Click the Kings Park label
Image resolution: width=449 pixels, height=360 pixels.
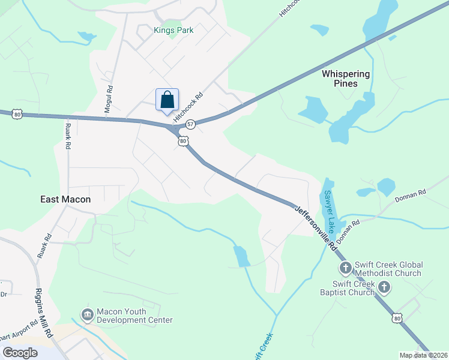(x=173, y=30)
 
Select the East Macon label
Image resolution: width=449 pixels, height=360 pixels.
(x=65, y=199)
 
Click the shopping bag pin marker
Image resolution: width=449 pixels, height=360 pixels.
(x=167, y=100)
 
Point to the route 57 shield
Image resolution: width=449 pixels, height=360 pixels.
(x=190, y=124)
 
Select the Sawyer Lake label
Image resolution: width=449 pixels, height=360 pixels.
(x=329, y=211)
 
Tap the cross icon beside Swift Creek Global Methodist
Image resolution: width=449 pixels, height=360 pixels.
(x=345, y=267)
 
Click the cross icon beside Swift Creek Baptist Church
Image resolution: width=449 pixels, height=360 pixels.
(x=384, y=289)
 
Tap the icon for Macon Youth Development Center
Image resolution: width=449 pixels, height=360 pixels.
(x=87, y=314)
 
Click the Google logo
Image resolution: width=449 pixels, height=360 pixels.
(x=20, y=353)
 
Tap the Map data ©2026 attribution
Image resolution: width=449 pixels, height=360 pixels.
(x=423, y=355)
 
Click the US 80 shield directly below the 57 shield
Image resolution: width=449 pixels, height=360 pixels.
(x=184, y=140)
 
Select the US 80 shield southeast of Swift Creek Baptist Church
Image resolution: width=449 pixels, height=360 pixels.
(x=396, y=318)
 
